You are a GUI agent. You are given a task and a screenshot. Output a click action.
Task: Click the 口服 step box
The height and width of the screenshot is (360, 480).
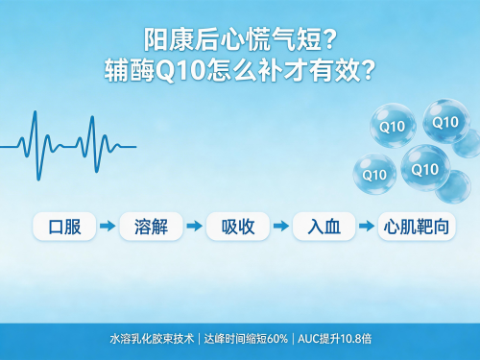tap(64, 227)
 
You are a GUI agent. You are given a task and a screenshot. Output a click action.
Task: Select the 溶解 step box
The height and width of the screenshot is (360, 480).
tap(151, 227)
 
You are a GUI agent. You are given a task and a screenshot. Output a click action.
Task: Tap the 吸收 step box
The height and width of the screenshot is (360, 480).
tap(238, 227)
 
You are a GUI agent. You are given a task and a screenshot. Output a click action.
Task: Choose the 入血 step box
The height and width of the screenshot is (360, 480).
tap(324, 227)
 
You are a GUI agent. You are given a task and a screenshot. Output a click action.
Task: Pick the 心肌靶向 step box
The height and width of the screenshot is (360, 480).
tap(417, 227)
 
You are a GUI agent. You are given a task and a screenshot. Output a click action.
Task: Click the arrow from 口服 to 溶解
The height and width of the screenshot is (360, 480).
tap(108, 226)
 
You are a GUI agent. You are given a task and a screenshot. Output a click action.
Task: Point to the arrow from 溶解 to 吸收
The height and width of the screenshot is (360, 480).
tap(194, 226)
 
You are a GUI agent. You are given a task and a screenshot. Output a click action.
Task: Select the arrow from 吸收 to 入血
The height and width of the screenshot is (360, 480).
tap(281, 226)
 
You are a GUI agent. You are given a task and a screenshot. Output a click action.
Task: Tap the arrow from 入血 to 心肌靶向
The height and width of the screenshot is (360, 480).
tap(367, 226)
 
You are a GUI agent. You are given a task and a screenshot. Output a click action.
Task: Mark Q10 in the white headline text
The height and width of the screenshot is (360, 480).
tap(180, 70)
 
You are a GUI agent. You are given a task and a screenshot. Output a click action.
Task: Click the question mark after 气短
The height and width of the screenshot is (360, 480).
tap(330, 39)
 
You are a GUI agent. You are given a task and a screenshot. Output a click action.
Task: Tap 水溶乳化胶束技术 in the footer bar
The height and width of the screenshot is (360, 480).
tap(152, 339)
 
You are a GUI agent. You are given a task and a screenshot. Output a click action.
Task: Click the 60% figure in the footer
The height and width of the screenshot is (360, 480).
tap(277, 339)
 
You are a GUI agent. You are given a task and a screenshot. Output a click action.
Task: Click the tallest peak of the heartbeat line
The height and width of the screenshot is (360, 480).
tap(35, 111)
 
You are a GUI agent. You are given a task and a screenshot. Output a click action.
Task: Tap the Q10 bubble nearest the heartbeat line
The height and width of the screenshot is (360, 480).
tap(375, 174)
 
